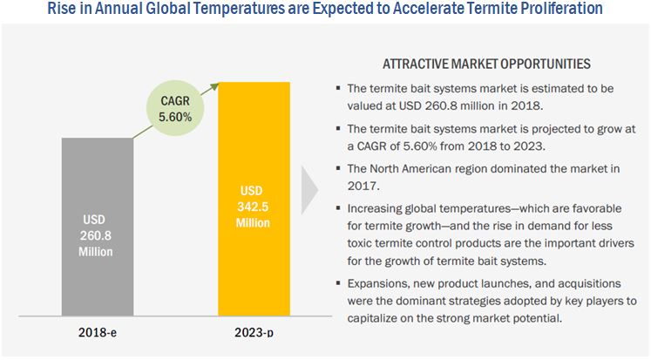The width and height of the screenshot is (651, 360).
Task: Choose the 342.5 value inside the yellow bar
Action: pyautogui.click(x=253, y=206)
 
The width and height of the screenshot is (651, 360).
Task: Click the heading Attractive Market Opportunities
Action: pyautogui.click(x=485, y=65)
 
